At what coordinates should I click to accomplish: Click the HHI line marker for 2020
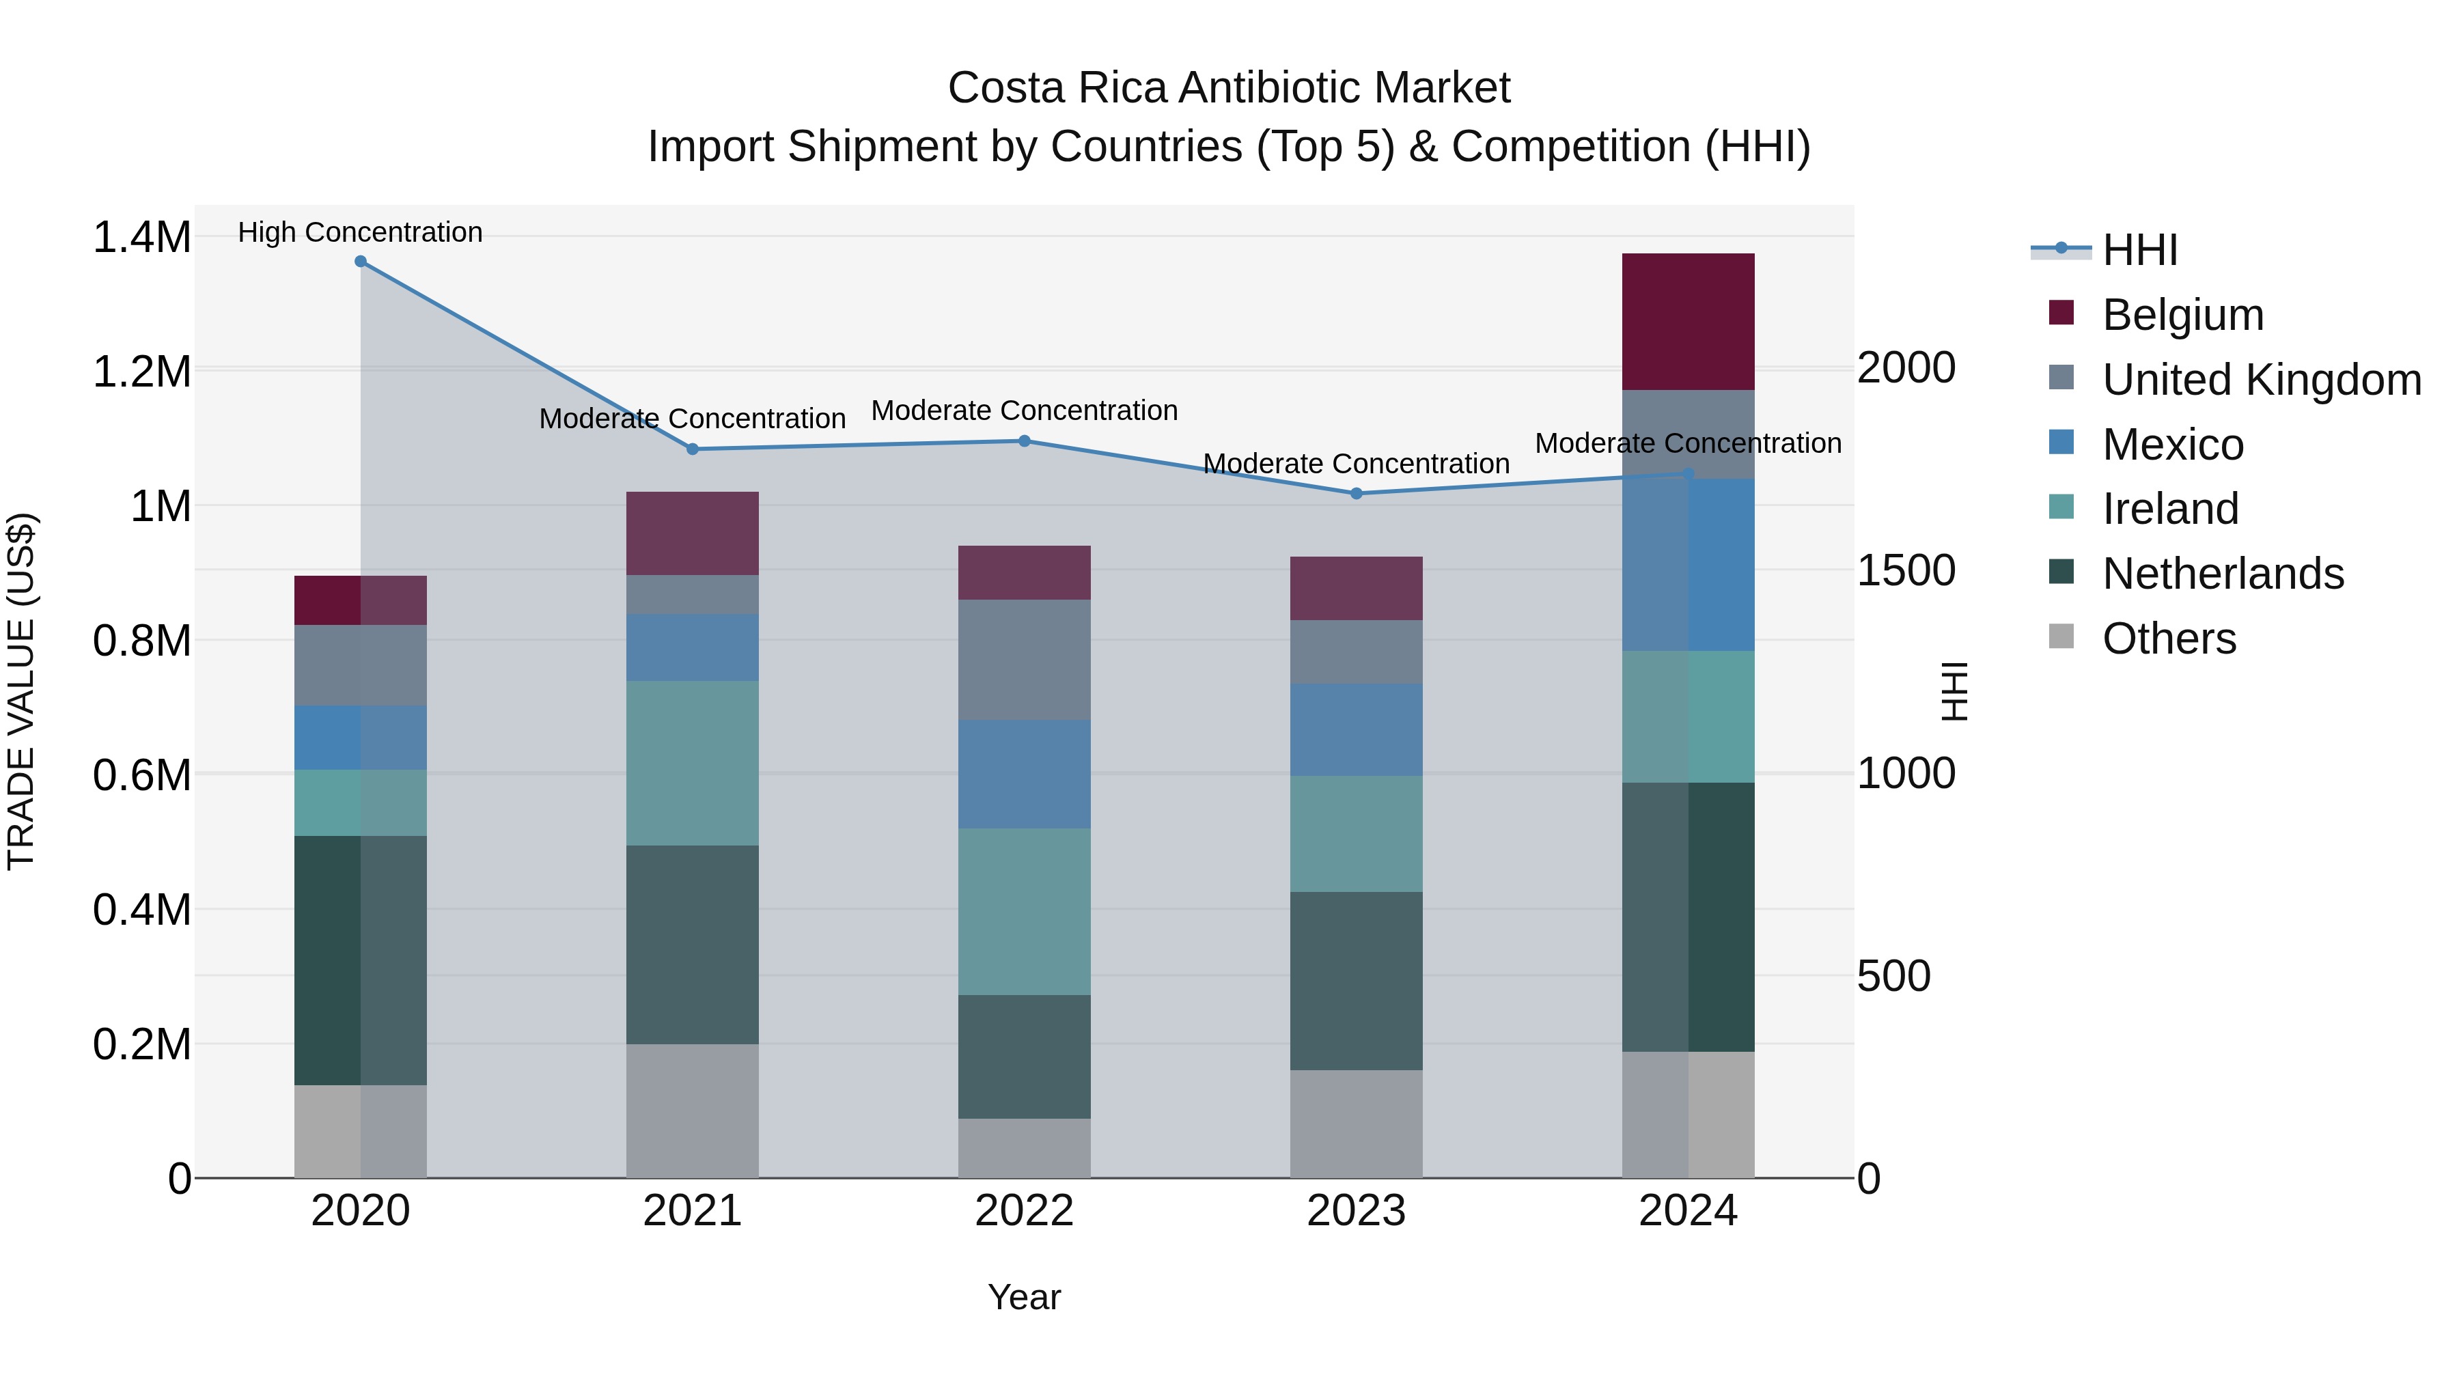point(360,262)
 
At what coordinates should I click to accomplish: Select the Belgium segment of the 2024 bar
point(1688,322)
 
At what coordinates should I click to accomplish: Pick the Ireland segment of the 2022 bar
point(1025,912)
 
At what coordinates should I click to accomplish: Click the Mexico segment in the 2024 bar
point(1688,565)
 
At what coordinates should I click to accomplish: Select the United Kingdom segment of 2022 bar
point(1025,660)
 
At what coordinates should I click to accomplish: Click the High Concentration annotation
point(360,232)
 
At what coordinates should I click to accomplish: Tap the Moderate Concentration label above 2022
point(1025,410)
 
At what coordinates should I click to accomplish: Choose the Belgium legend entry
point(2182,315)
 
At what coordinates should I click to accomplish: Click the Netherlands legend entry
point(2222,574)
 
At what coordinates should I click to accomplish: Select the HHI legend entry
point(2139,250)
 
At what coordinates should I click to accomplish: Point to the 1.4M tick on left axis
point(141,237)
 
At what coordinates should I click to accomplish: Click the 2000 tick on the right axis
point(1905,367)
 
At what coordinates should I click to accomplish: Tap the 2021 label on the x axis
point(692,1211)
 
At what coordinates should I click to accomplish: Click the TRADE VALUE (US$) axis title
point(21,691)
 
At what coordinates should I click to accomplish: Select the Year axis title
point(1025,1297)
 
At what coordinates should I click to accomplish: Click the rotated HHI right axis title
point(1954,691)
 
